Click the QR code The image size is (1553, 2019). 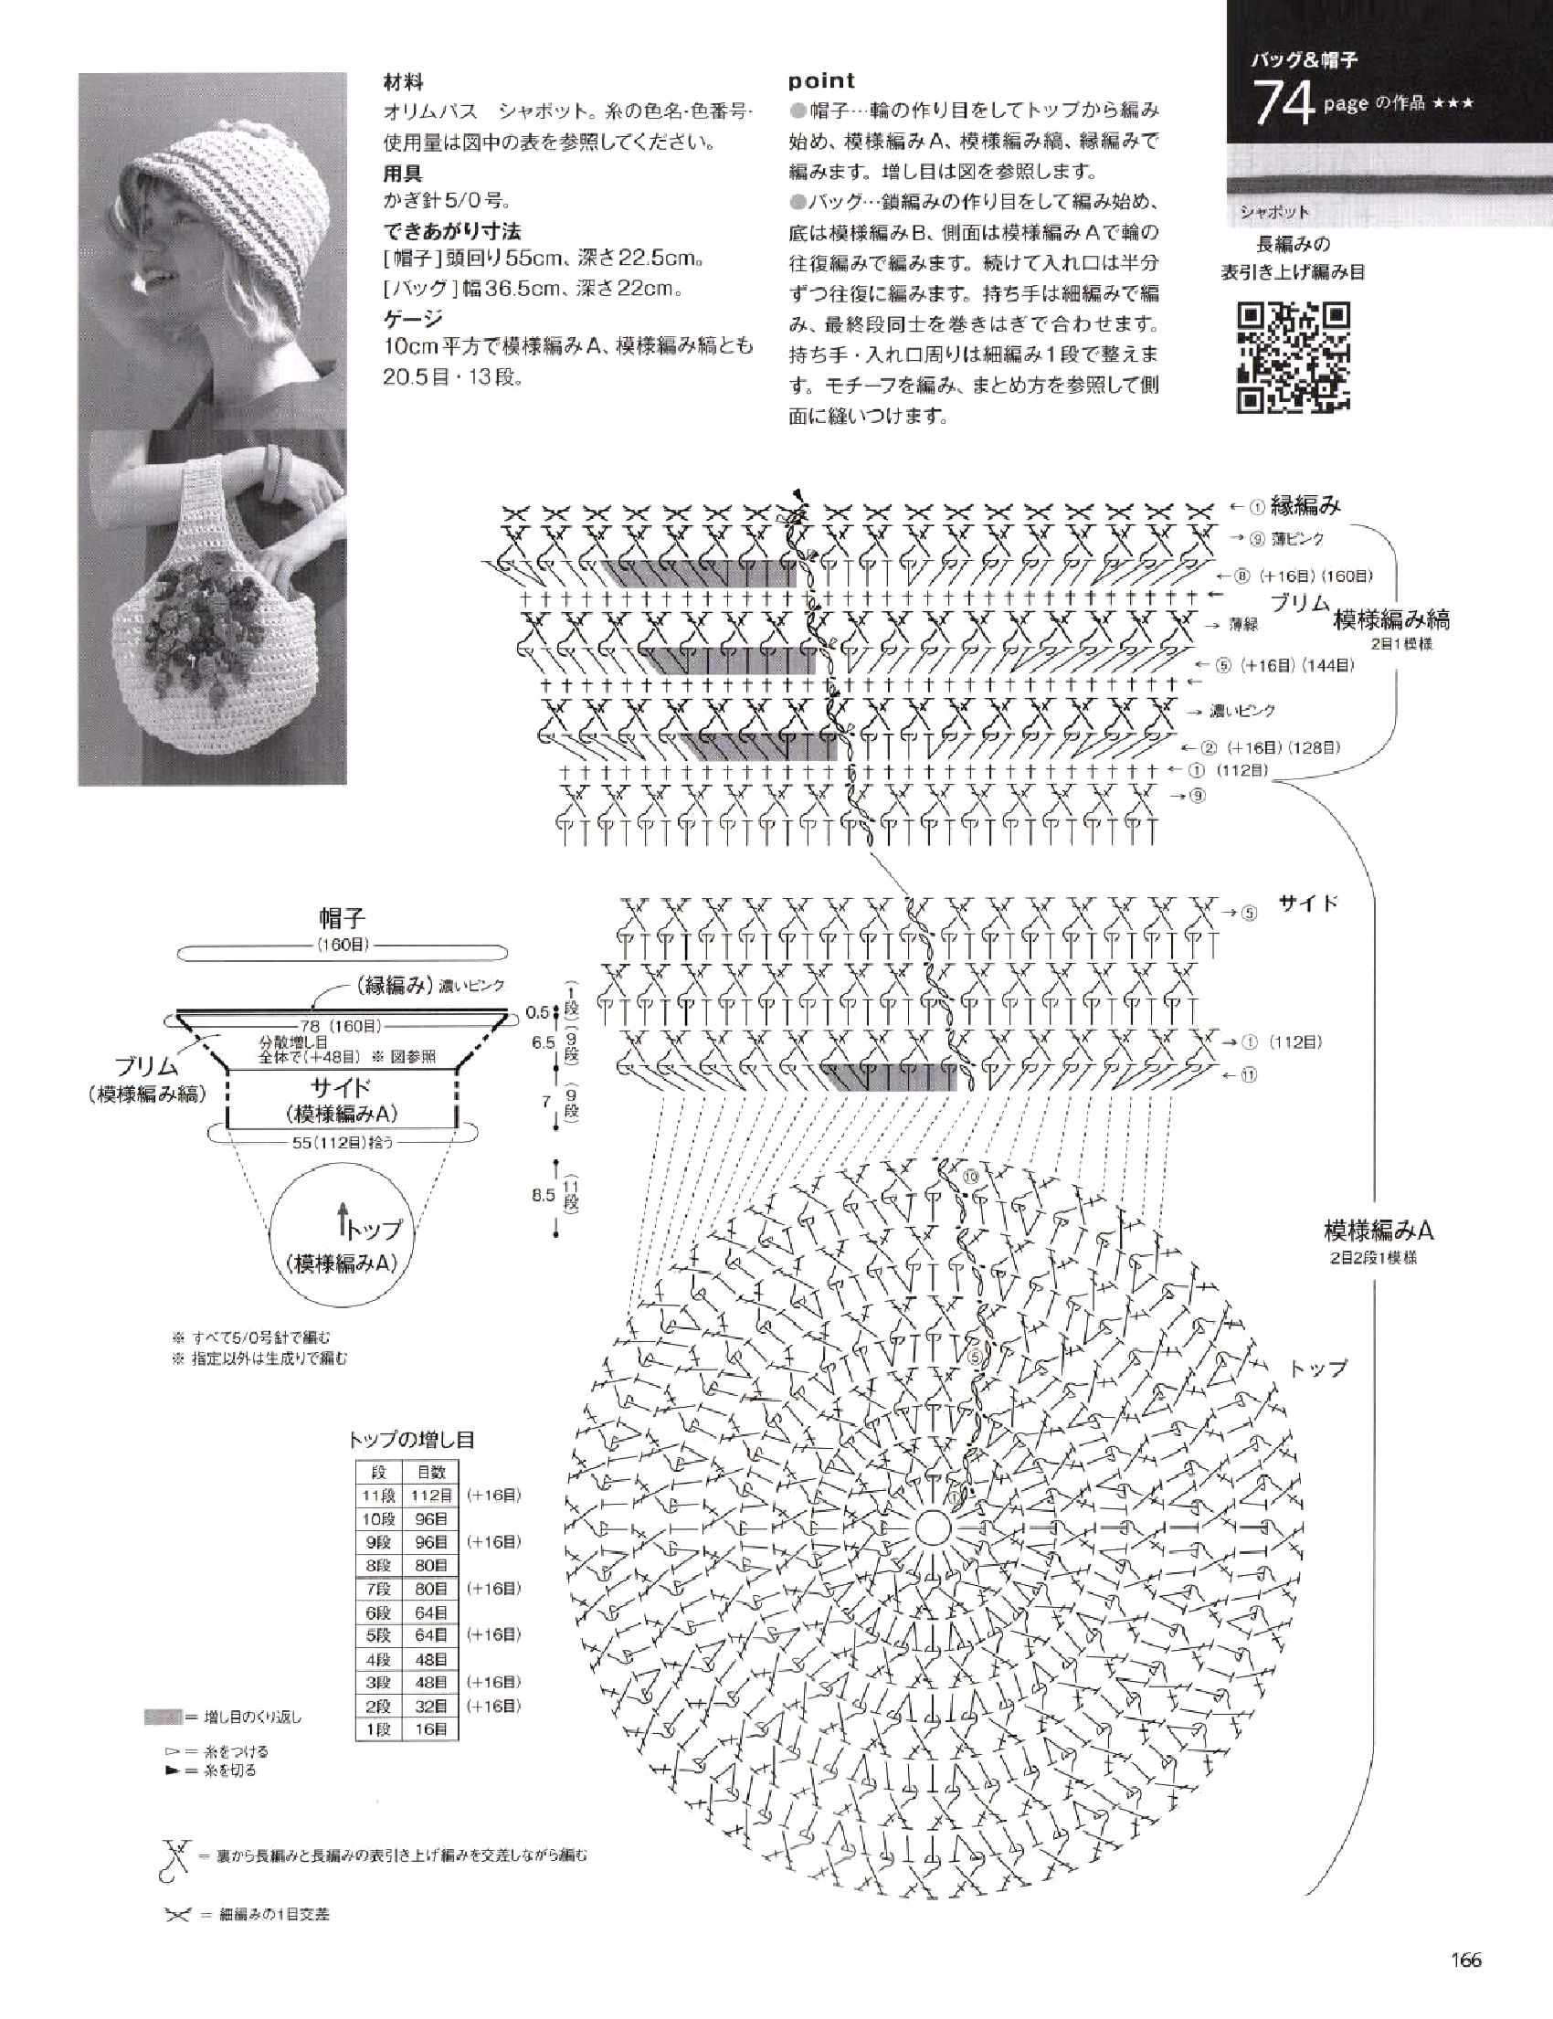click(1294, 357)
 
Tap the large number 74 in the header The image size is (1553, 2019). click(1284, 103)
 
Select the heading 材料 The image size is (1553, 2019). click(404, 82)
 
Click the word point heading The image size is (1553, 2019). click(822, 81)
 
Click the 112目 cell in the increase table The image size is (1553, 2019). click(432, 1496)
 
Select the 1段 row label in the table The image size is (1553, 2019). click(379, 1728)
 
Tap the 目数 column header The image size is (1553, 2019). click(431, 1473)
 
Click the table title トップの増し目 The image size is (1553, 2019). click(412, 1440)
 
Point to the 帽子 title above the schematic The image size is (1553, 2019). click(342, 918)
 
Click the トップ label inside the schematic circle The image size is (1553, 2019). click(374, 1229)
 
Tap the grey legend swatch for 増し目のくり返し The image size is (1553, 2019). click(163, 1718)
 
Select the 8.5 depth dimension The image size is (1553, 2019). click(543, 1195)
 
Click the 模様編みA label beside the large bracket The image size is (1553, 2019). click(1379, 1231)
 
